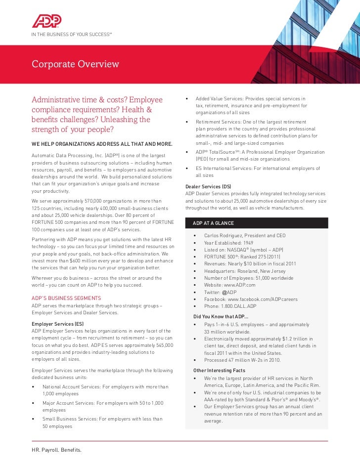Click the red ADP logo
[46, 20]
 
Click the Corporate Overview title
[75, 64]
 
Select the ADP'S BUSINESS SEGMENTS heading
[66, 298]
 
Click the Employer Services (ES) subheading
[57, 324]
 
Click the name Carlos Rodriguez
[226, 236]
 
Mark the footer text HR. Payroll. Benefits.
[56, 450]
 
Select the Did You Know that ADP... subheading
[221, 317]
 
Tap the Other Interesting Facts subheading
[219, 371]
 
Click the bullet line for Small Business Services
[102, 419]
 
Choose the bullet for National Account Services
[105, 387]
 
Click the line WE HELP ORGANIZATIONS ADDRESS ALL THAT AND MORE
[101, 144]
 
